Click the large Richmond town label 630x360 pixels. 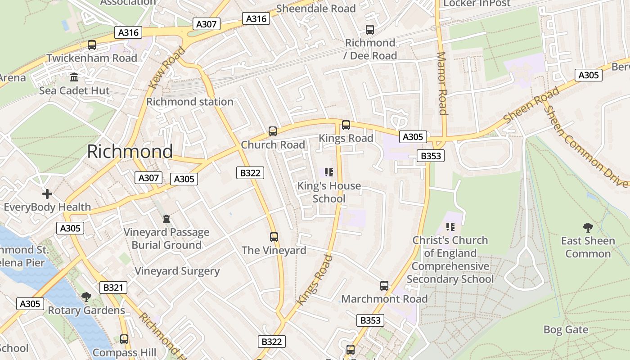(x=130, y=151)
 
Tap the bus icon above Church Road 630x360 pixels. (x=273, y=131)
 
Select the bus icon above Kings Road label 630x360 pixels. (x=346, y=125)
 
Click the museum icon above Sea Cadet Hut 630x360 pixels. (x=74, y=77)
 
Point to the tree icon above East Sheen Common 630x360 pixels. (x=588, y=228)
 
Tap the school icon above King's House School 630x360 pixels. (x=329, y=172)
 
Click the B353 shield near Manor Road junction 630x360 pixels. (x=431, y=156)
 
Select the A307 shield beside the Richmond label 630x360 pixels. (x=148, y=178)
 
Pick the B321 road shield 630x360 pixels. (x=113, y=288)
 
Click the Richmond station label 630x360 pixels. (x=189, y=102)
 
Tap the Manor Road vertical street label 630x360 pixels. (x=442, y=83)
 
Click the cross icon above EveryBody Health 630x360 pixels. (x=47, y=194)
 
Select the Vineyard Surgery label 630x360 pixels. (x=177, y=271)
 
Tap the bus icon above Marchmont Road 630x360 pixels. (x=384, y=286)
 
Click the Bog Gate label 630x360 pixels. (x=566, y=330)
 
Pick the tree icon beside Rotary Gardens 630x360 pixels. (x=86, y=297)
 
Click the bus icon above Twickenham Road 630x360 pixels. (x=92, y=45)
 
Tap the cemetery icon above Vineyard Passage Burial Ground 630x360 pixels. (x=166, y=219)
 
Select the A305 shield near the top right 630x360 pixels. (x=589, y=75)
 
